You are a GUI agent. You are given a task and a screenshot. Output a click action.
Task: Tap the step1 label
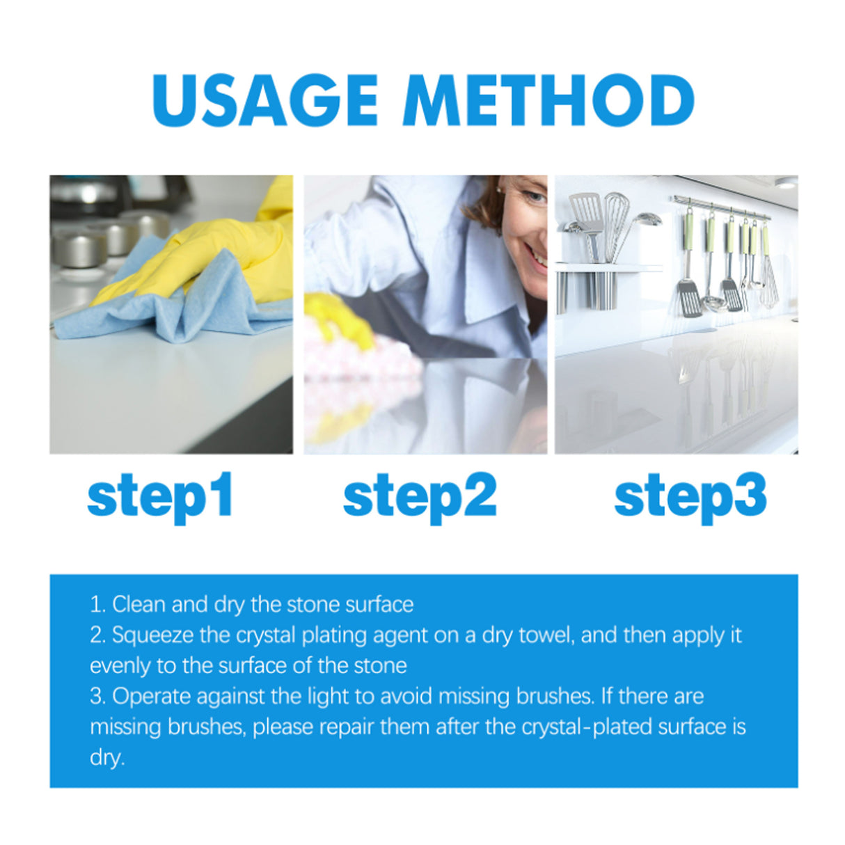160,496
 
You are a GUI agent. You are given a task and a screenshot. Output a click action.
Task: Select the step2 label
420,496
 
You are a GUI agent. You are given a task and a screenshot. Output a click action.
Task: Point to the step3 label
690,496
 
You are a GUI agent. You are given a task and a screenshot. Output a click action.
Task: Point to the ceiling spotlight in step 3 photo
786,183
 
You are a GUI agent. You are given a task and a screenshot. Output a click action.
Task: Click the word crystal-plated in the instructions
587,727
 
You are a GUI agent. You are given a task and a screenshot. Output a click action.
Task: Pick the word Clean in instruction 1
139,604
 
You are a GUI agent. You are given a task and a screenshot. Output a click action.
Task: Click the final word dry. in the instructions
106,757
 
